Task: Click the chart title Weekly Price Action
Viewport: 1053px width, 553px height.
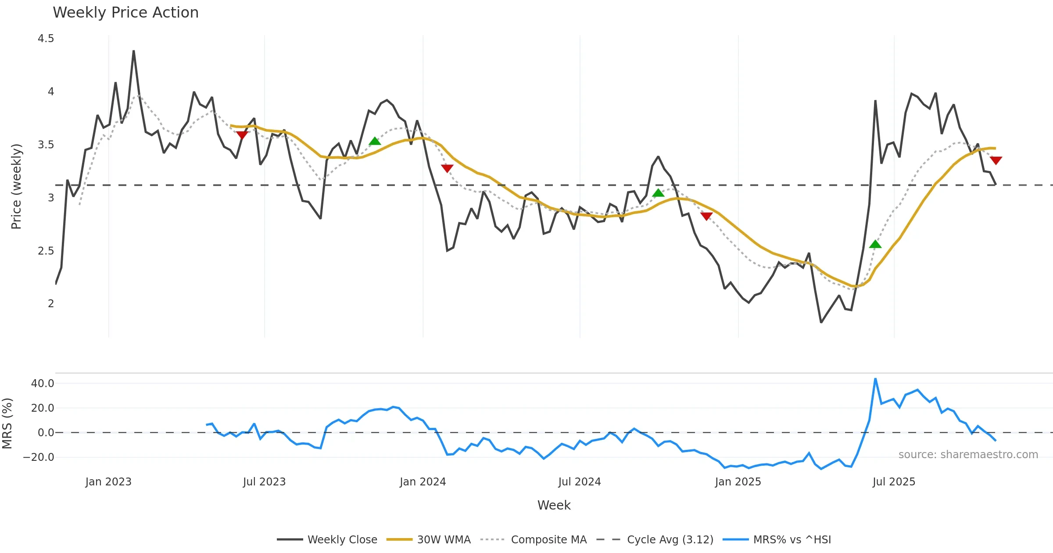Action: (x=125, y=13)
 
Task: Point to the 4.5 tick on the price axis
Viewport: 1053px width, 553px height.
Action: (x=46, y=39)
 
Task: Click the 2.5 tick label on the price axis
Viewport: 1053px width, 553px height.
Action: (x=46, y=251)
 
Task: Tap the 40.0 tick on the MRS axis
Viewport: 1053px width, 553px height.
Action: (x=43, y=384)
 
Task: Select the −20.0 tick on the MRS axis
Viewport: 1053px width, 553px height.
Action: (x=39, y=457)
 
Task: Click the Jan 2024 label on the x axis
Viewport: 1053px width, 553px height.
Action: (x=423, y=482)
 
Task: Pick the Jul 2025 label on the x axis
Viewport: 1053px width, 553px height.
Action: (x=894, y=482)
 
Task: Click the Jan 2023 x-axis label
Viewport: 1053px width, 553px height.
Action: (x=108, y=482)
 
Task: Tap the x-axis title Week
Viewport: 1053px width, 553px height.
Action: (x=554, y=506)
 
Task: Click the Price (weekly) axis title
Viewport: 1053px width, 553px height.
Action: (x=16, y=187)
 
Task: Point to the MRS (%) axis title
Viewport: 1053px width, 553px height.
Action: (x=7, y=424)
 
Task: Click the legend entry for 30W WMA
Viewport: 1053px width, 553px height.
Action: (x=444, y=540)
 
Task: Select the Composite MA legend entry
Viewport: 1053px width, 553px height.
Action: (x=548, y=540)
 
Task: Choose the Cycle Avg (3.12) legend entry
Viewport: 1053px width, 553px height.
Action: (x=670, y=540)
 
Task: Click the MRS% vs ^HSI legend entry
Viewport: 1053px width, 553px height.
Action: (x=792, y=540)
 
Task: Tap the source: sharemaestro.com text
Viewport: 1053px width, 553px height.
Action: (x=968, y=455)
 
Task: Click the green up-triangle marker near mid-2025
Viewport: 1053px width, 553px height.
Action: (x=875, y=244)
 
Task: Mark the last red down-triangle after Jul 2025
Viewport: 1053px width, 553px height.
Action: (x=996, y=160)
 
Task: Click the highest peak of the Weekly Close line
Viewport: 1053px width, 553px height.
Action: (x=134, y=51)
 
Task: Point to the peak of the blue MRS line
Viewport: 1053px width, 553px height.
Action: (x=875, y=379)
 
